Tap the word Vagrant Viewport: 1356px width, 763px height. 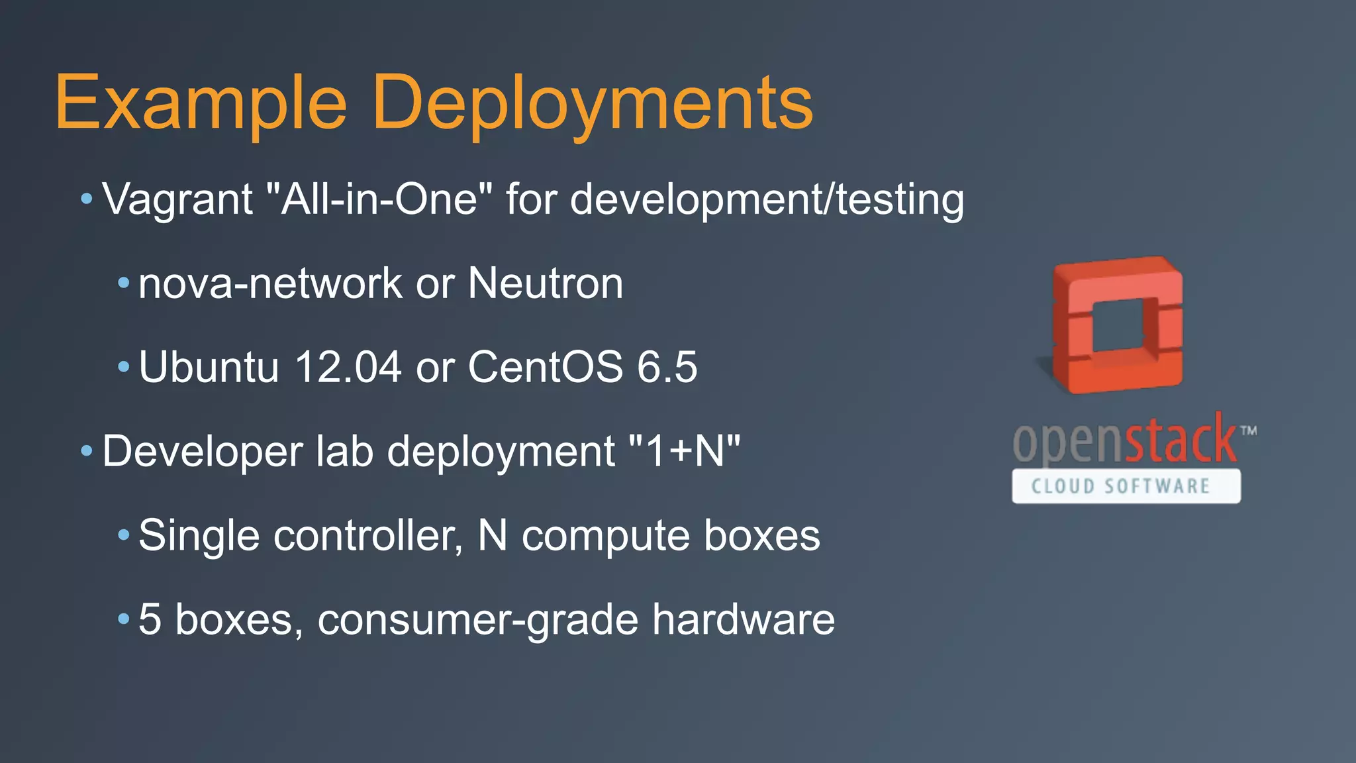click(x=177, y=199)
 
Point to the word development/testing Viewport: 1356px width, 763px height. click(x=767, y=199)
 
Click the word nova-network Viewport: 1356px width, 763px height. click(x=269, y=283)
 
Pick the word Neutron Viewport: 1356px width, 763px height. click(x=546, y=283)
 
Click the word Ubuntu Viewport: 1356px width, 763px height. click(x=209, y=367)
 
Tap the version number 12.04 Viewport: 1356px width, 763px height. click(x=348, y=367)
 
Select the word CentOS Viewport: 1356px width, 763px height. click(x=546, y=367)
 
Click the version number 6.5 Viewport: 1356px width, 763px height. click(x=667, y=367)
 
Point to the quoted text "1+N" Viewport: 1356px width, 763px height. click(x=684, y=452)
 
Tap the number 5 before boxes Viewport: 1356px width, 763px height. click(x=150, y=619)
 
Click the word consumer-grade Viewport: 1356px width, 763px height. click(x=477, y=619)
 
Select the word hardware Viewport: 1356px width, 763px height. click(x=743, y=619)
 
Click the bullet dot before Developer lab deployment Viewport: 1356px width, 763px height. click(x=87, y=452)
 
